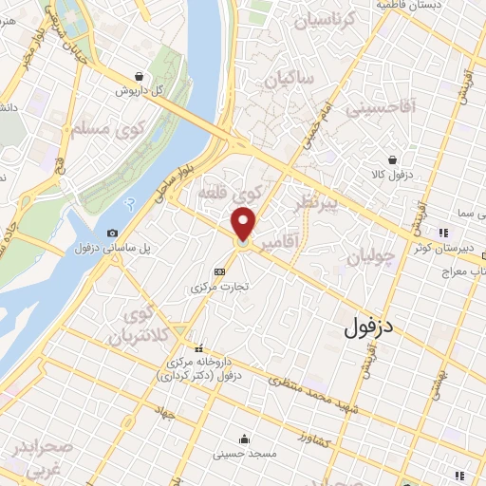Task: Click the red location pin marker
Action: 244,225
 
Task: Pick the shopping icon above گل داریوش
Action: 140,77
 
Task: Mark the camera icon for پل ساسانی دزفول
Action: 113,234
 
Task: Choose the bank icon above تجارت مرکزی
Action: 219,271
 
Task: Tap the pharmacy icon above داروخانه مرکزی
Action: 198,346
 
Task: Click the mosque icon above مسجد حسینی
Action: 245,439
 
